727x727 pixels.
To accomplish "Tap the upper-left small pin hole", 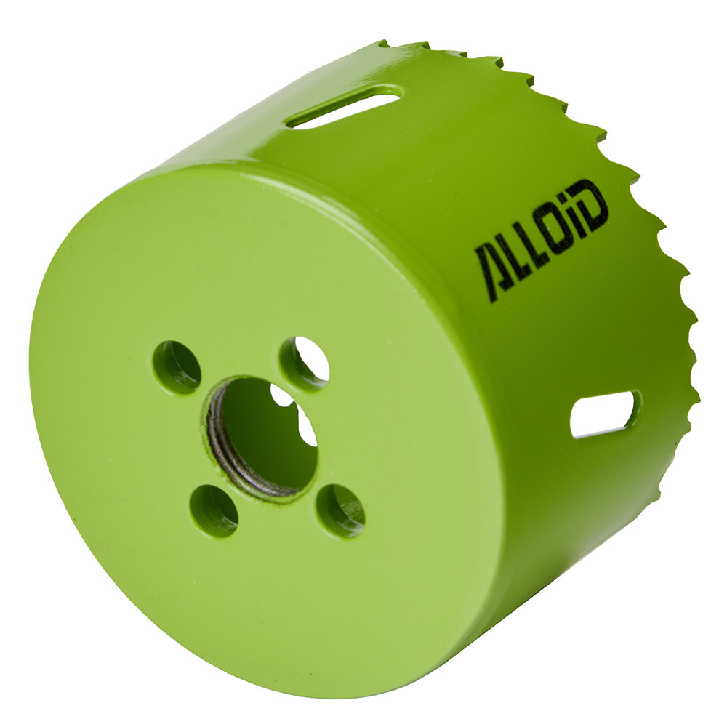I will [x=177, y=367].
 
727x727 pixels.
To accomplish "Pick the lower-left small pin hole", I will [x=214, y=510].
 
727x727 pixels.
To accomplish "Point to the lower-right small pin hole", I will [x=340, y=510].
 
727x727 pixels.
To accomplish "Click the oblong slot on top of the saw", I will [x=343, y=107].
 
